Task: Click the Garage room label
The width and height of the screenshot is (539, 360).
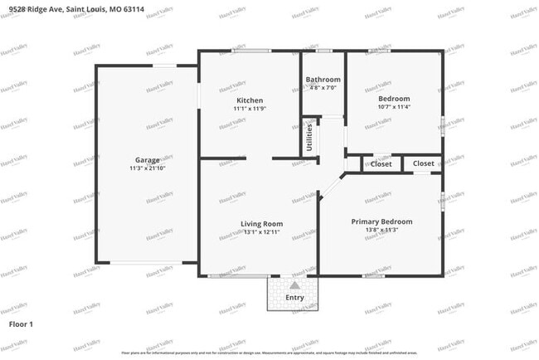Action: tap(148, 159)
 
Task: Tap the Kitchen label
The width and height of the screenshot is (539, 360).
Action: tap(248, 100)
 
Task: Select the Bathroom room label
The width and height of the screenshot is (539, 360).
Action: tap(323, 80)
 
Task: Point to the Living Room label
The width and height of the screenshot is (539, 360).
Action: tap(261, 224)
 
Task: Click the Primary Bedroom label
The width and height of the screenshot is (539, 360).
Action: tap(381, 221)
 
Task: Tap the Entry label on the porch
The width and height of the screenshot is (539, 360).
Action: tap(294, 298)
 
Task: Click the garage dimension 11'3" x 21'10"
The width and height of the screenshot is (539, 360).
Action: tap(148, 168)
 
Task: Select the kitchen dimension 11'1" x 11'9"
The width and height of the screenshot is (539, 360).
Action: tap(248, 108)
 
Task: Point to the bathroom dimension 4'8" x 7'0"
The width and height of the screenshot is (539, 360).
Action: tap(323, 87)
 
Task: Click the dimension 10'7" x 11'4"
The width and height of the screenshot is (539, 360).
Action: tap(394, 106)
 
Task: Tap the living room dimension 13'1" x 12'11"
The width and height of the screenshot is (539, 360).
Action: tap(261, 232)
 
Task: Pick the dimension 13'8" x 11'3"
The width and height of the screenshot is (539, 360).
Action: tap(381, 230)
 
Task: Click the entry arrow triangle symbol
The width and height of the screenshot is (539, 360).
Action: tap(294, 285)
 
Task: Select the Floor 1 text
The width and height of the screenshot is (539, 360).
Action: tap(21, 324)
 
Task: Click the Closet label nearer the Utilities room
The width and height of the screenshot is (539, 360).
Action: tap(381, 164)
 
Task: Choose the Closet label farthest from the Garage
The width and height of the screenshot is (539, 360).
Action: tap(423, 164)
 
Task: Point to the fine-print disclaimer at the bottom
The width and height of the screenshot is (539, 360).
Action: tap(269, 353)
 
